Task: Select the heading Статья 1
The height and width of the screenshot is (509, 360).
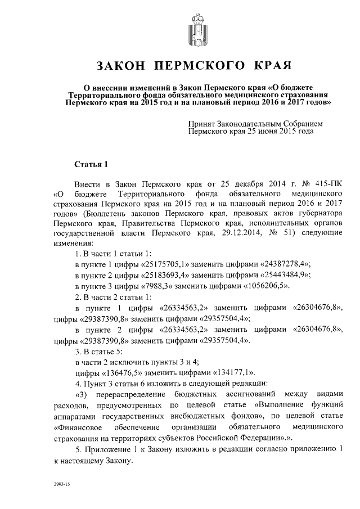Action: point(91,164)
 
